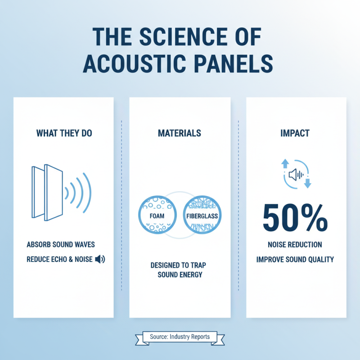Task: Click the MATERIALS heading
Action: point(180,134)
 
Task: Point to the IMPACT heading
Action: point(295,134)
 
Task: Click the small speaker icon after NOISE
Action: point(100,259)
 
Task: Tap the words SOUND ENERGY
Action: point(180,274)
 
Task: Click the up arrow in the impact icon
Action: point(284,163)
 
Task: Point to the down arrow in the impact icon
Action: point(308,183)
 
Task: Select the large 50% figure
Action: point(295,218)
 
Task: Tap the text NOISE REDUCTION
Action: point(295,245)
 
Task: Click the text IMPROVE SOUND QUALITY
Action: point(295,260)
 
